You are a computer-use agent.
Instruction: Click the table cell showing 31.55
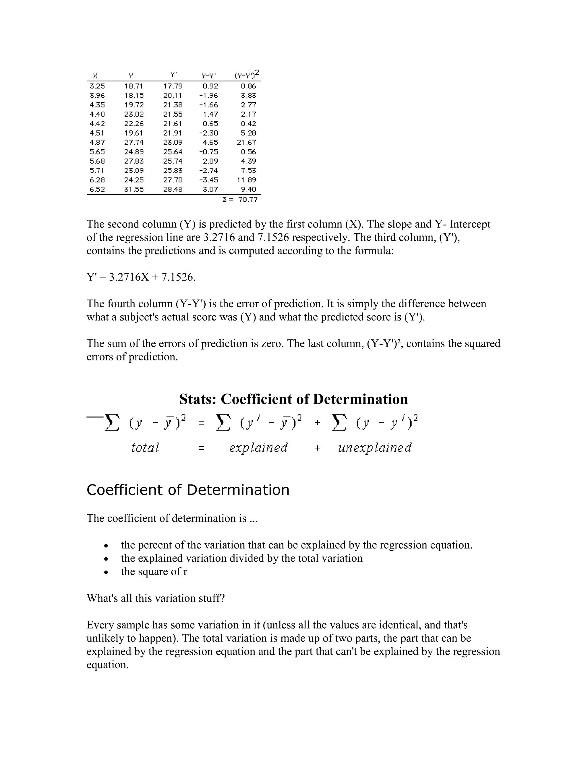(134, 189)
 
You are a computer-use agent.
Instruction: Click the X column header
(95, 76)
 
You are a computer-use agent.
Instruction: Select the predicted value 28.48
(173, 189)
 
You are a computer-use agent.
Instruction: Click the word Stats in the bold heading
(198, 399)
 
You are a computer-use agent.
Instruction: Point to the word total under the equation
(145, 448)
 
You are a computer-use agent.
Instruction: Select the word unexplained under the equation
(374, 448)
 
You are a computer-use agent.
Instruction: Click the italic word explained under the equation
(258, 448)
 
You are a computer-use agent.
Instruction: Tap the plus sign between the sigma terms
(317, 423)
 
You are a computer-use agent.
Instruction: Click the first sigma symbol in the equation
(112, 423)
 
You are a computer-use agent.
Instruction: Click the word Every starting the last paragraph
(99, 625)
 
